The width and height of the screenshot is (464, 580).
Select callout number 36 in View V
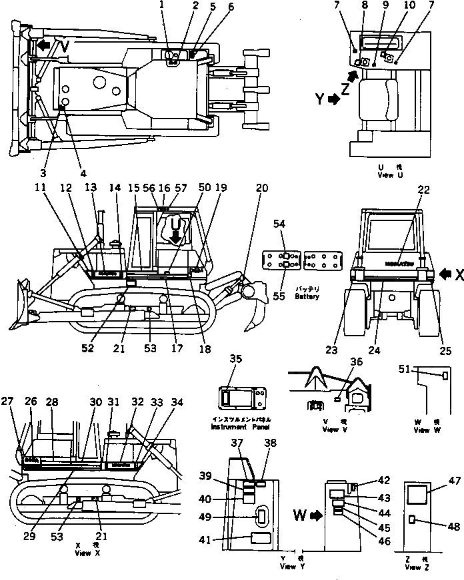(356, 362)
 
